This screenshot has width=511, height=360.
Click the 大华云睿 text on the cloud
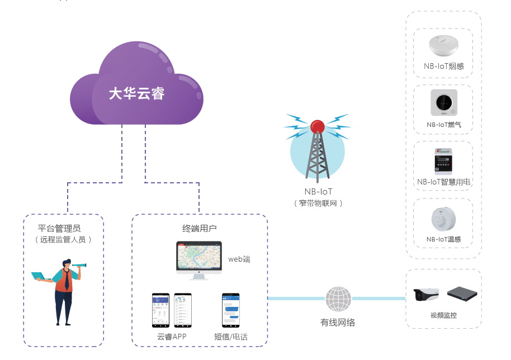pos(136,93)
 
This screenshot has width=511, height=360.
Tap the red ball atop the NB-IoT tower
pos(318,126)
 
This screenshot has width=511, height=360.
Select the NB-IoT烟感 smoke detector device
pos(443,45)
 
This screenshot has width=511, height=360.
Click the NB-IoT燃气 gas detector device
pos(443,103)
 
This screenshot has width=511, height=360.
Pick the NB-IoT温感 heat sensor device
pos(443,218)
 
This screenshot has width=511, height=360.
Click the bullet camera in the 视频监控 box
pos(426,295)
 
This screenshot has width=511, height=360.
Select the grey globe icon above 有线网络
pos(338,300)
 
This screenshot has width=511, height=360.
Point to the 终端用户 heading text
pos(200,228)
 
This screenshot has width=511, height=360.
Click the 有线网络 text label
pos(338,323)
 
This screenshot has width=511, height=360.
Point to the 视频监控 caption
pos(443,315)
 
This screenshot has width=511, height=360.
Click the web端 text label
pos(239,259)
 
